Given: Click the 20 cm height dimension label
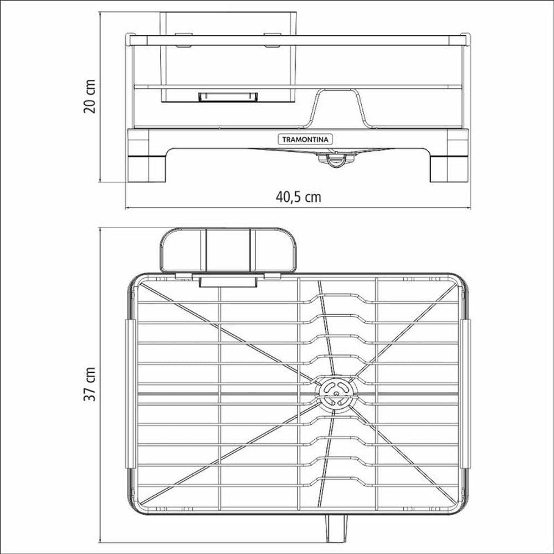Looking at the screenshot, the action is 89,96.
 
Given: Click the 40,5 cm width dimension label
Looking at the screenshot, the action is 299,197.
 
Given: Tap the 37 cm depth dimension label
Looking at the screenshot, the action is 89,384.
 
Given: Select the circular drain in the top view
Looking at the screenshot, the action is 336,393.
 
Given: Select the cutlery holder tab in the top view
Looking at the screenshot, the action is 228,282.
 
